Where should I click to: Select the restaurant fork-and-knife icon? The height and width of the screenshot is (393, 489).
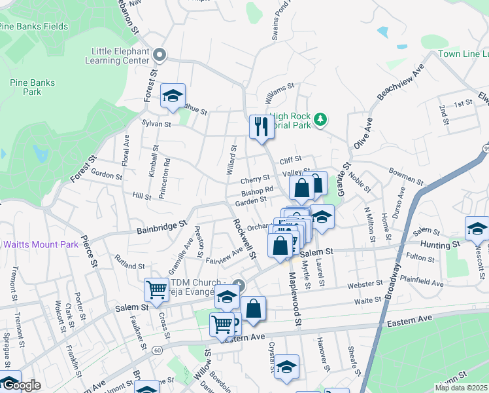tap(261, 126)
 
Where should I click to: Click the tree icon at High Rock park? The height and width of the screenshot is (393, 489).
tap(320, 119)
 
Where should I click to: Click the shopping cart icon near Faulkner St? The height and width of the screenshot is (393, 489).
tap(157, 289)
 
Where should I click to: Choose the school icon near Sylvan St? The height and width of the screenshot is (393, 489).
tap(173, 96)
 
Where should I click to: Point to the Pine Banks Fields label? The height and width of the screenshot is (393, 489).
tap(33, 26)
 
